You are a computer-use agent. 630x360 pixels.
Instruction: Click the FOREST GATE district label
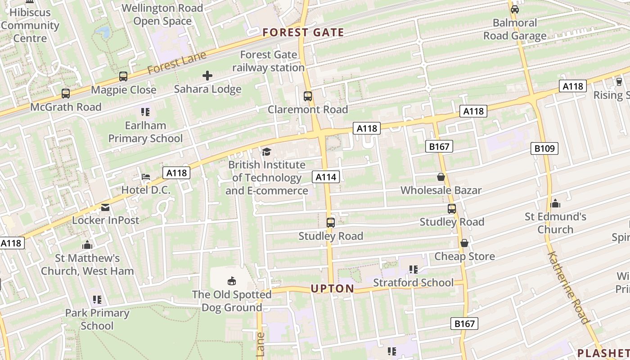click(x=303, y=32)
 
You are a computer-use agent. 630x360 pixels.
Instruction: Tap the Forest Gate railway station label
click(x=269, y=61)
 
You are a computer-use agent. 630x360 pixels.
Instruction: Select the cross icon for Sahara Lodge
click(x=207, y=76)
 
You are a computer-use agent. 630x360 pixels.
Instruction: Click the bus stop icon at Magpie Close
click(x=123, y=76)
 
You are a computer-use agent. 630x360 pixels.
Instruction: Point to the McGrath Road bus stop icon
click(x=66, y=94)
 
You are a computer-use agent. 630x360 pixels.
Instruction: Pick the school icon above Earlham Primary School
click(x=145, y=112)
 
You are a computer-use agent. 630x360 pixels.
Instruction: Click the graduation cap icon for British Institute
click(x=266, y=152)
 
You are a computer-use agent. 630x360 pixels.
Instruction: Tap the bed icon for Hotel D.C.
click(x=146, y=176)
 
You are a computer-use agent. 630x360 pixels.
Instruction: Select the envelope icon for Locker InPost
click(x=105, y=207)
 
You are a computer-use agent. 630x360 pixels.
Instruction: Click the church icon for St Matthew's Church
click(x=87, y=245)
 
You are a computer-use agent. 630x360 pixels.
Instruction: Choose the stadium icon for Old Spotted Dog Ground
click(x=232, y=281)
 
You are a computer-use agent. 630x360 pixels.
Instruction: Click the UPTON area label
click(x=332, y=289)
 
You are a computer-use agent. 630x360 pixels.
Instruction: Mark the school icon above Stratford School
click(x=413, y=269)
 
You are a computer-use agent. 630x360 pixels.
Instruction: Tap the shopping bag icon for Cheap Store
click(x=464, y=243)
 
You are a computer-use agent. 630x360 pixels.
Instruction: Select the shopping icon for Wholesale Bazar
click(x=441, y=177)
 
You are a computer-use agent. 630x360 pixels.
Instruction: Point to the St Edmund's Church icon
click(x=555, y=203)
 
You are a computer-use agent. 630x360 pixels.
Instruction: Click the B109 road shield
click(x=544, y=148)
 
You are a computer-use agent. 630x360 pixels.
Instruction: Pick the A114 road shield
click(x=326, y=177)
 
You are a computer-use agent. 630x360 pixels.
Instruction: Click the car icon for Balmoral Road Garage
click(x=515, y=9)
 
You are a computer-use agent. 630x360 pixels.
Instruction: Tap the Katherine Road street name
click(x=568, y=288)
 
